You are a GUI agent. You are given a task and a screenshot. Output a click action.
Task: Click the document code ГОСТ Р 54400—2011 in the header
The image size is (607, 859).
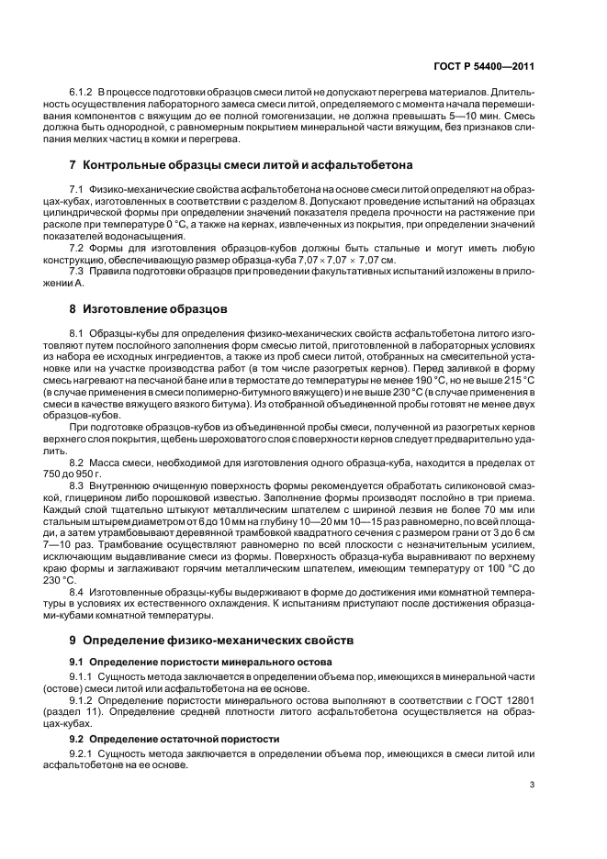click(484, 66)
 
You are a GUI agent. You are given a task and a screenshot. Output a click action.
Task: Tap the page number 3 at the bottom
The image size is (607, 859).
click(532, 784)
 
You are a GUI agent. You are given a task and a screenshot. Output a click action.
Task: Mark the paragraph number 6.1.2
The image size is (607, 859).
click(83, 93)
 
